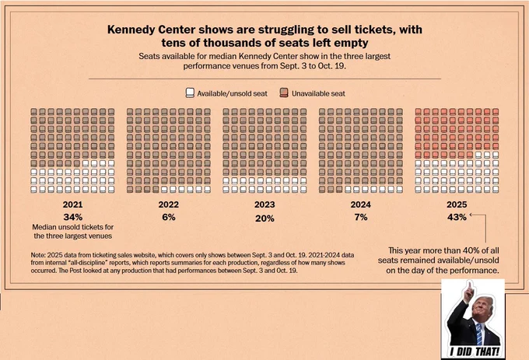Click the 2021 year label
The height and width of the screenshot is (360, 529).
(72, 204)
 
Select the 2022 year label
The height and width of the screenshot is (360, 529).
(169, 204)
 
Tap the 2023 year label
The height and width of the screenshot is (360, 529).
(264, 204)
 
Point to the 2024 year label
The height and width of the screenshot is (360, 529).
(361, 204)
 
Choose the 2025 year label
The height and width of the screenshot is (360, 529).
(457, 204)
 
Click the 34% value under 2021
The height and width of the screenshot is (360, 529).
(72, 217)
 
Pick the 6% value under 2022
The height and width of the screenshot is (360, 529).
(169, 217)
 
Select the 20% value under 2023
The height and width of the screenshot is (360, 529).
(264, 218)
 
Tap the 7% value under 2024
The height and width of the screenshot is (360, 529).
(361, 217)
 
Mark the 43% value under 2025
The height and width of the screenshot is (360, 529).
(457, 217)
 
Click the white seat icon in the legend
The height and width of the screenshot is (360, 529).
(190, 93)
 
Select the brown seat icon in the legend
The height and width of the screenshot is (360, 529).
(284, 93)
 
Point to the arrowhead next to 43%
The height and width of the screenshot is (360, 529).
(471, 215)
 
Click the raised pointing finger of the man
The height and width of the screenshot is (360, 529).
(468, 286)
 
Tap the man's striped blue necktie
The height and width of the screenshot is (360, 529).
(479, 334)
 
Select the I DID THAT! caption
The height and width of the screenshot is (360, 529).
(474, 352)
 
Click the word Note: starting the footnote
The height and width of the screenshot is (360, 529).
(38, 255)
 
